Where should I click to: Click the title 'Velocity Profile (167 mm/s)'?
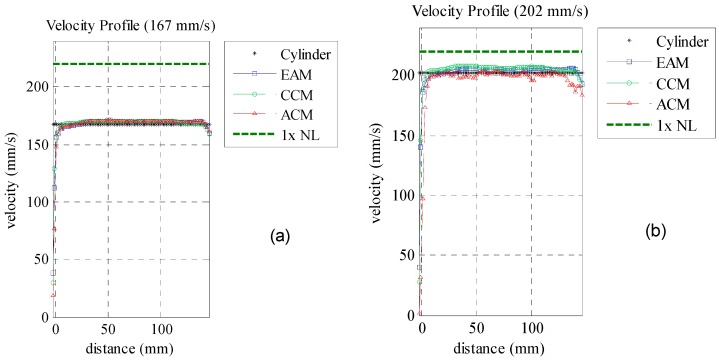point(132,25)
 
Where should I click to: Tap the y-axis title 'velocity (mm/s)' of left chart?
point(12,186)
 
